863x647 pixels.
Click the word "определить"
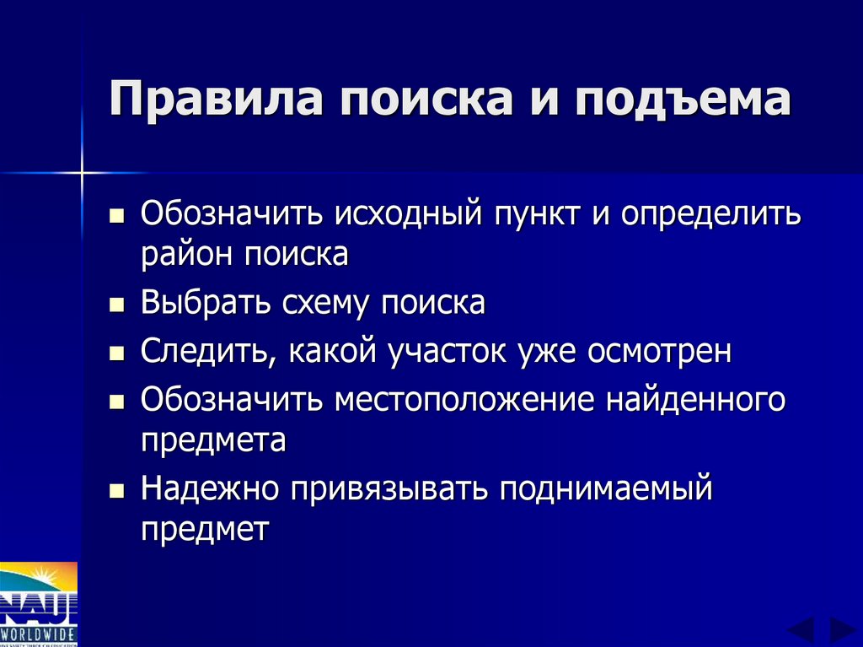pos(711,213)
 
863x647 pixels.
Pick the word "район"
pos(187,254)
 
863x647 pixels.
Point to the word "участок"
pos(443,351)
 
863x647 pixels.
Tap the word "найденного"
pos(695,399)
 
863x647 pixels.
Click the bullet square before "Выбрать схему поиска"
pos(117,304)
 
